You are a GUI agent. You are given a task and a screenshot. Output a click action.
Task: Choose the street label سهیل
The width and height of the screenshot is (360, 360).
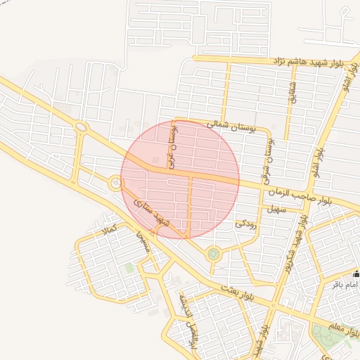pos(274,209)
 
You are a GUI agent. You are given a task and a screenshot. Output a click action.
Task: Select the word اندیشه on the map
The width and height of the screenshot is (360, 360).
pos(184,305)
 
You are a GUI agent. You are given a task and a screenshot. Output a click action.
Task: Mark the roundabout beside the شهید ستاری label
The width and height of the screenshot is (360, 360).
pos(114,184)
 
